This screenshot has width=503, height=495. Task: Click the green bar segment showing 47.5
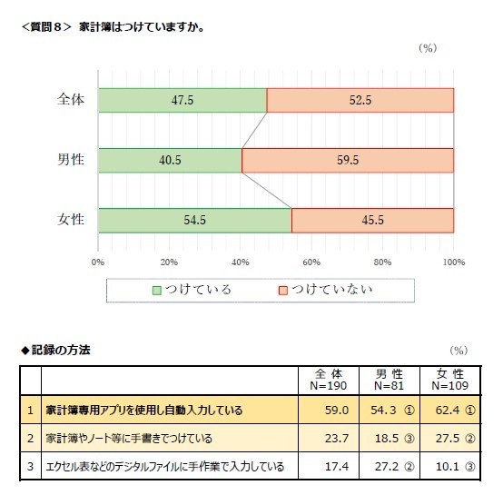(x=182, y=100)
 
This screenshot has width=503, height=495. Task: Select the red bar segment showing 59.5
(x=348, y=160)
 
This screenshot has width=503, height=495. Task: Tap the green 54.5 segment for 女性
(x=194, y=221)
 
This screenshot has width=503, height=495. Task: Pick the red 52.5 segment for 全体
(x=360, y=100)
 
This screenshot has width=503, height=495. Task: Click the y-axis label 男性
(x=71, y=160)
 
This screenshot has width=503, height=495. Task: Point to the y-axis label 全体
(x=71, y=100)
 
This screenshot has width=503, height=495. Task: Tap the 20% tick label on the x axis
(x=169, y=262)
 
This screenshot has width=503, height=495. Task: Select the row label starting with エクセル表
(x=163, y=467)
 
